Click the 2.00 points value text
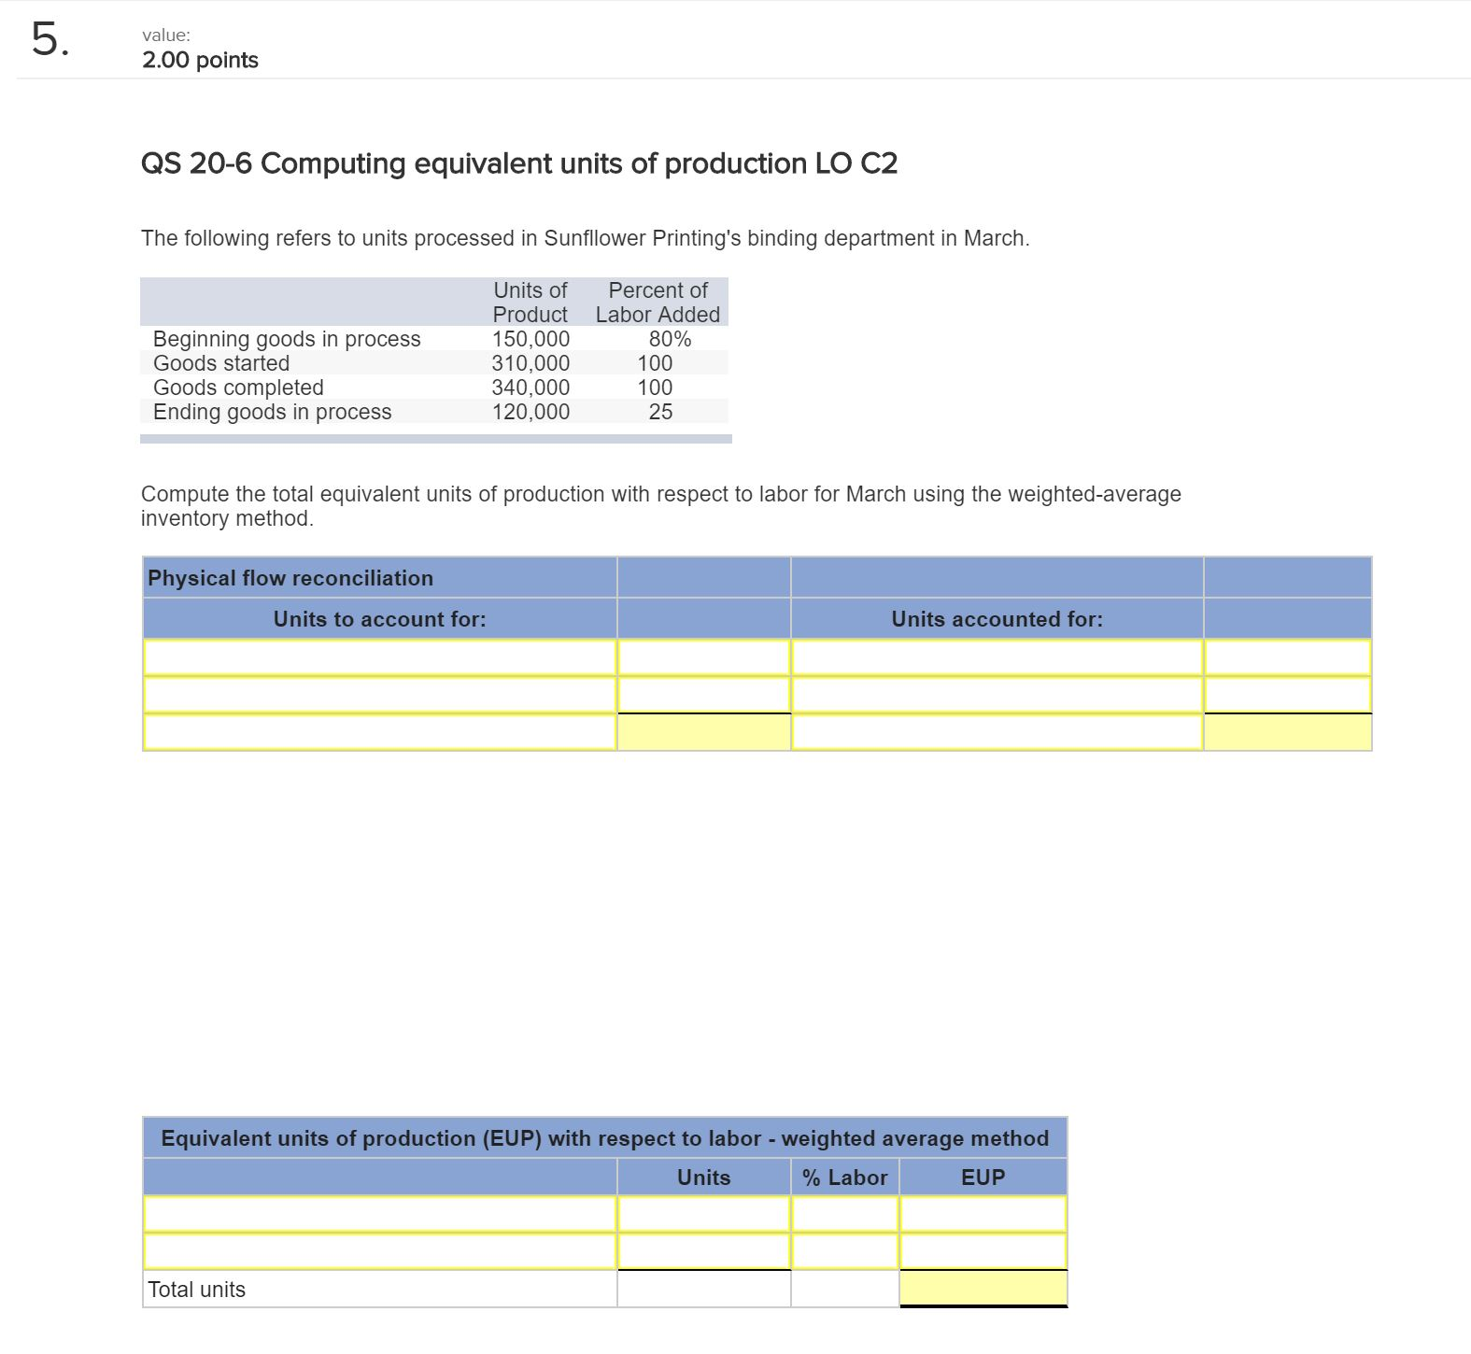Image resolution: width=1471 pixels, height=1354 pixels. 200,61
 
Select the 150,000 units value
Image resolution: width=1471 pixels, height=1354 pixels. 530,339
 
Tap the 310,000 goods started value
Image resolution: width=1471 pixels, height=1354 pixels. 530,363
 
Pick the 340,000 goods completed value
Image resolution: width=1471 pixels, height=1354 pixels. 530,388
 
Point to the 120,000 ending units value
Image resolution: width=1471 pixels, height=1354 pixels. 530,412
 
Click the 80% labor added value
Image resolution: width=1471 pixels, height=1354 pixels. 670,339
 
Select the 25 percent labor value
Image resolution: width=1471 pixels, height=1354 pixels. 660,412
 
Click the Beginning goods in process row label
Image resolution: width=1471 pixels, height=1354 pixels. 287,339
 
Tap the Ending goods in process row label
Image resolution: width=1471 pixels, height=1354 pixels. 272,412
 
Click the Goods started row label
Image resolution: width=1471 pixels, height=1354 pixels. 221,363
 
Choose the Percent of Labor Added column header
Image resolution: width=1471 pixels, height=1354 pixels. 658,303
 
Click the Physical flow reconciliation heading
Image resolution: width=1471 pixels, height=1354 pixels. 290,578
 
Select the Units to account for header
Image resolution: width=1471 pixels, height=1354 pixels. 379,619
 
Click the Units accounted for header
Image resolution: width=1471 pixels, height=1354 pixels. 997,619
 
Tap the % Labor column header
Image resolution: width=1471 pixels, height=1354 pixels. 844,1178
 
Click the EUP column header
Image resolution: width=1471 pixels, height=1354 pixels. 983,1178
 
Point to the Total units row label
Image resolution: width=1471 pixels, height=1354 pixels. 197,1290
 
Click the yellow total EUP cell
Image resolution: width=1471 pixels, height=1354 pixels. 983,1289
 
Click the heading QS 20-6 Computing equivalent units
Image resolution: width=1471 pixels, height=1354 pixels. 518,164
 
